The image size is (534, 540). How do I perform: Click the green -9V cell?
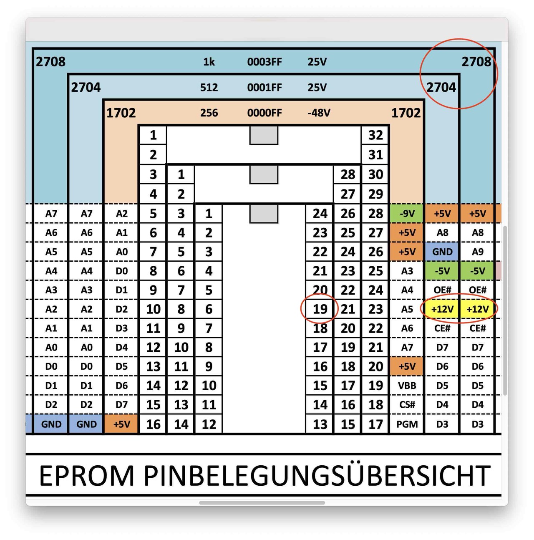pyautogui.click(x=407, y=214)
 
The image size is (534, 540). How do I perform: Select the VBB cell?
pyautogui.click(x=407, y=386)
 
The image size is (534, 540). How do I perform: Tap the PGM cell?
pyautogui.click(x=407, y=424)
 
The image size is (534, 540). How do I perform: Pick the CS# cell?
pyautogui.click(x=407, y=405)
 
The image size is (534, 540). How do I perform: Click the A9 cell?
pyautogui.click(x=477, y=252)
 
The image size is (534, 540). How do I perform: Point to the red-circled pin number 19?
pyautogui.click(x=320, y=309)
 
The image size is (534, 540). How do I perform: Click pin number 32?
pyautogui.click(x=375, y=135)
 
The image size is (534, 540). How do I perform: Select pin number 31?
pyautogui.click(x=375, y=155)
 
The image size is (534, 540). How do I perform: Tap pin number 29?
pyautogui.click(x=375, y=194)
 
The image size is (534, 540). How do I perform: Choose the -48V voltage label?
pyautogui.click(x=319, y=113)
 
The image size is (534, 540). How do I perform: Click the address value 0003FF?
pyautogui.click(x=264, y=62)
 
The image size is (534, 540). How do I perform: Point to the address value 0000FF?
pyautogui.click(x=264, y=113)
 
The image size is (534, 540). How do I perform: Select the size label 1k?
pyautogui.click(x=209, y=62)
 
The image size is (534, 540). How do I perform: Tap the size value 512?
pyautogui.click(x=209, y=88)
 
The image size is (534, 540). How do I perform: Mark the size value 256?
pyautogui.click(x=209, y=113)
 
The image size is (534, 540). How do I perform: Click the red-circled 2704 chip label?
pyautogui.click(x=441, y=88)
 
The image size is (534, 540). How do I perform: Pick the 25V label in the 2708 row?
pyautogui.click(x=317, y=62)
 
